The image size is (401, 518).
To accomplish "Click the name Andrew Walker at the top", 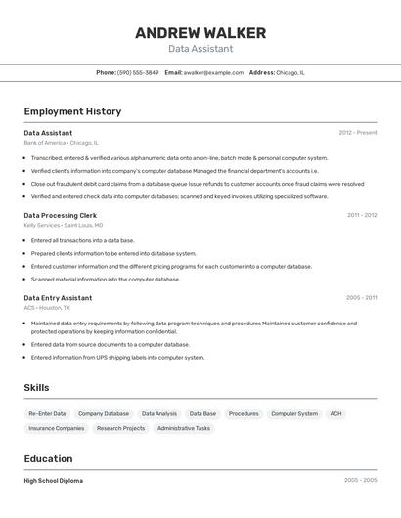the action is (x=200, y=33).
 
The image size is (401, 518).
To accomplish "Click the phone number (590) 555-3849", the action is (x=138, y=72).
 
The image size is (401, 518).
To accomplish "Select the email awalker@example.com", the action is (x=213, y=72).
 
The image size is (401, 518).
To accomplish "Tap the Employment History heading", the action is (x=72, y=111).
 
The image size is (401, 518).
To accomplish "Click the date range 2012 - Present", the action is (x=358, y=133).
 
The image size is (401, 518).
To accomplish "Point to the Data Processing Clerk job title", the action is (x=61, y=215).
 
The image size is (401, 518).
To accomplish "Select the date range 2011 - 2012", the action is (x=362, y=215).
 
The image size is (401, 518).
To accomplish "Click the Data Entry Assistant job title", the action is (x=58, y=298).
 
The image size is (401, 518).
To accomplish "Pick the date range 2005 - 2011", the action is (x=361, y=298).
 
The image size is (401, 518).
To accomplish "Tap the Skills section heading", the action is (x=36, y=388).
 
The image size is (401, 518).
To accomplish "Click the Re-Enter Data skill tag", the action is (x=47, y=413).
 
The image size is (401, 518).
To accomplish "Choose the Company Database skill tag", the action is (x=104, y=413).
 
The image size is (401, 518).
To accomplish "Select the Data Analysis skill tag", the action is (x=159, y=413).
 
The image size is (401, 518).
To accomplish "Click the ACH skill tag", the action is (x=336, y=413).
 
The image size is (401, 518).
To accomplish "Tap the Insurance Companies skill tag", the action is (x=57, y=428).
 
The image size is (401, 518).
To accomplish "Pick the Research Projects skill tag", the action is (x=120, y=428).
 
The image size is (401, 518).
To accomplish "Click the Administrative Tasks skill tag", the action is (x=184, y=428).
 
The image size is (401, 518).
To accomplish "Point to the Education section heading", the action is (x=48, y=459).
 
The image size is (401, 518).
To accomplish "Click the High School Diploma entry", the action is (x=54, y=481).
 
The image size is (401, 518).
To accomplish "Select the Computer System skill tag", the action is (x=294, y=413).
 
